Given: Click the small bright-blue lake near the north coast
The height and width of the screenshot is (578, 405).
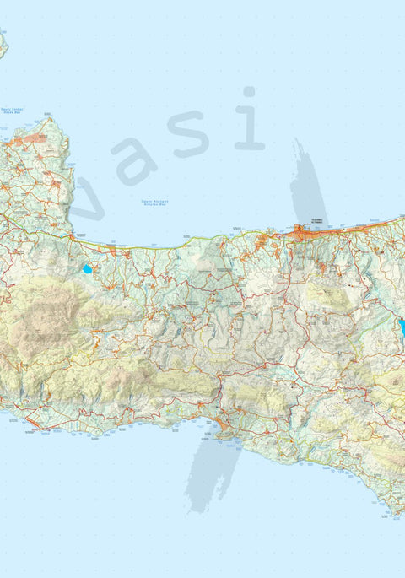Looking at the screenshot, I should [x=87, y=270].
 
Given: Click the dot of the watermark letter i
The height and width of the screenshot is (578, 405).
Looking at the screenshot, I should [x=249, y=91].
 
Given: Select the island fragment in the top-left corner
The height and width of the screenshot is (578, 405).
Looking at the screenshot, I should [x=3, y=44].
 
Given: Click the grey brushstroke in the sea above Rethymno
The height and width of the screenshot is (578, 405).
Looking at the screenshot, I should [x=307, y=181].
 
